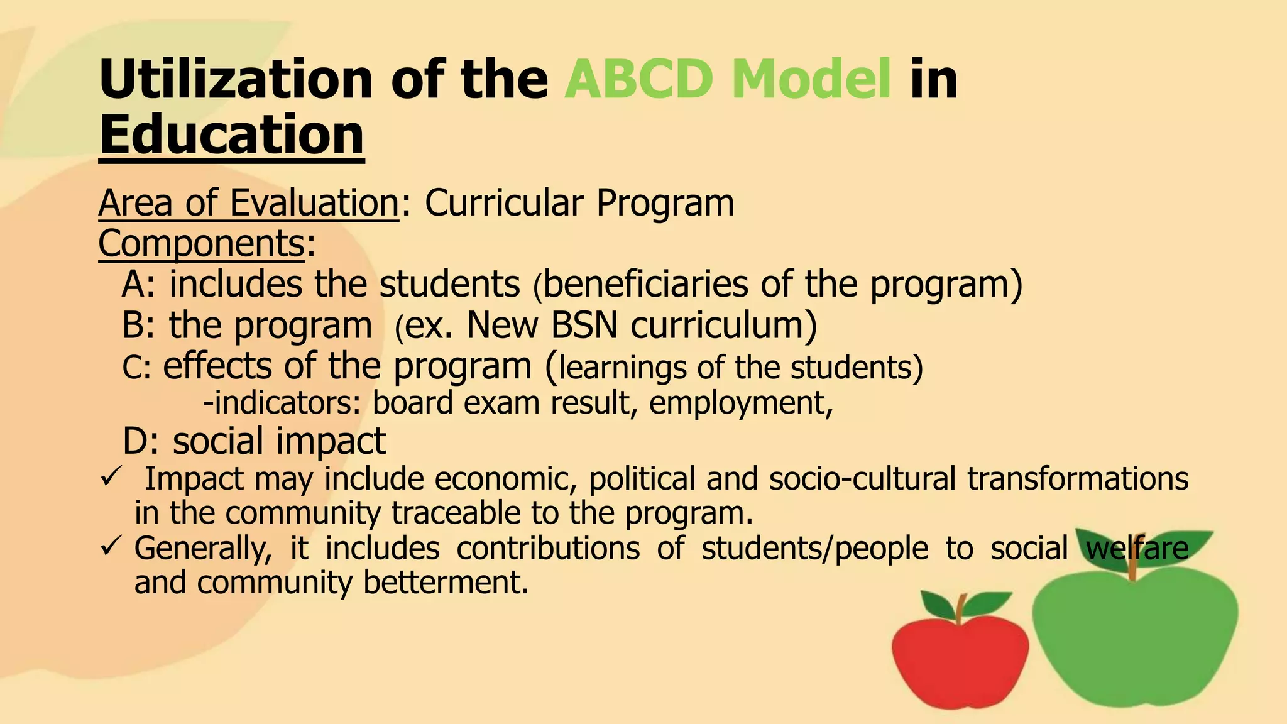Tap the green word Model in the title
(x=811, y=80)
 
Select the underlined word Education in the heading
(x=231, y=135)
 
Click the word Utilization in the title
(x=236, y=80)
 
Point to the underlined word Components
(x=201, y=243)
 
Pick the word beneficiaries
(x=645, y=284)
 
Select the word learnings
(x=622, y=368)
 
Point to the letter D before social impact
(x=135, y=441)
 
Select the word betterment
(x=446, y=583)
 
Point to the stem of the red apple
(x=960, y=606)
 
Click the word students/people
(x=814, y=548)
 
